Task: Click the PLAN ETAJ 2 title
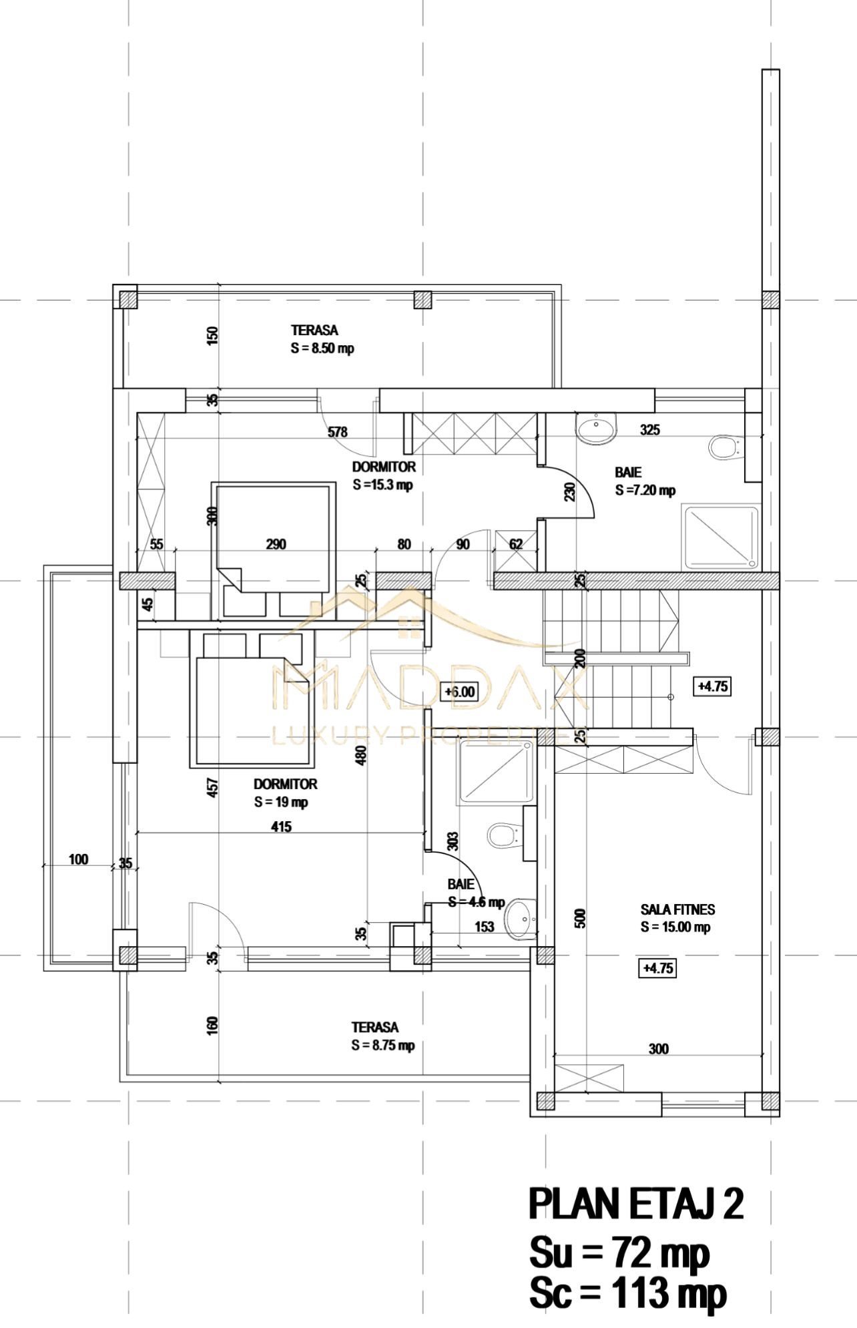[x=636, y=1204]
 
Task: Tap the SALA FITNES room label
[x=677, y=909]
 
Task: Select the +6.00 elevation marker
[x=460, y=692]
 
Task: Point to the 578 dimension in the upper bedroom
[x=338, y=432]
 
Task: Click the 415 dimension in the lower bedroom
[x=282, y=827]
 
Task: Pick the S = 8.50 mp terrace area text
[x=322, y=349]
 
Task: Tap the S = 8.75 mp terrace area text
[x=383, y=1046]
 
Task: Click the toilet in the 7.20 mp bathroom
[x=725, y=447]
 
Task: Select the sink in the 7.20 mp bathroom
[x=596, y=429]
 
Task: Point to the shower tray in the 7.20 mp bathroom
[x=721, y=537]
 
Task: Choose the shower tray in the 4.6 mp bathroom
[x=496, y=771]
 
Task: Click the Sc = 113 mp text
[x=627, y=1293]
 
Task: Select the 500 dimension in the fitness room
[x=580, y=918]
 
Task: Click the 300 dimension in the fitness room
[x=659, y=1049]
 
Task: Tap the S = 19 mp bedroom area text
[x=281, y=802]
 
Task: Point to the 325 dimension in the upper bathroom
[x=650, y=430]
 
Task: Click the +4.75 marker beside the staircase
[x=713, y=686]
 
